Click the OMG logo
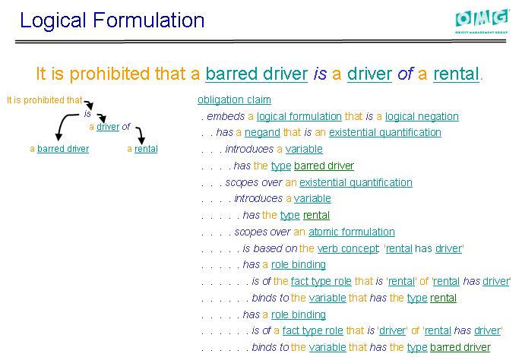(482, 21)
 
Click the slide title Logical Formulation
(112, 21)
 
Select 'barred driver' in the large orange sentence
(256, 74)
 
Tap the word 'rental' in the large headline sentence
(456, 74)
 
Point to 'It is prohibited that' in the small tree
(45, 100)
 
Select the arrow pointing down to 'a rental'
(140, 135)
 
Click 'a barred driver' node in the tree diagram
(59, 149)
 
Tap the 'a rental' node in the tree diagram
(142, 149)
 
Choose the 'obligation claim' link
(234, 99)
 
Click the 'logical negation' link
(422, 116)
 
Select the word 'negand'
(262, 132)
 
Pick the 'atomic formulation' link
(352, 232)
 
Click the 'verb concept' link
(348, 248)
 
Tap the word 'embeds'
(226, 116)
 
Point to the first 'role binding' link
(299, 264)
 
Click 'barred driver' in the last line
(460, 347)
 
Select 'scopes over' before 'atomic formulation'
(262, 232)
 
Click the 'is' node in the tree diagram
(87, 114)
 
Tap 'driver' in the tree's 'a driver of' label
(108, 127)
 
